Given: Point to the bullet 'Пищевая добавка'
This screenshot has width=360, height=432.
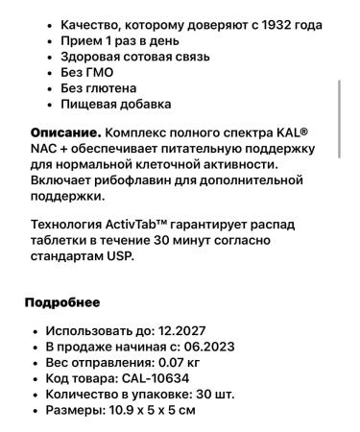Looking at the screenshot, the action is click(x=116, y=105).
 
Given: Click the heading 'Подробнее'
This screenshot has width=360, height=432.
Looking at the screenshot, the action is click(x=62, y=302).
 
